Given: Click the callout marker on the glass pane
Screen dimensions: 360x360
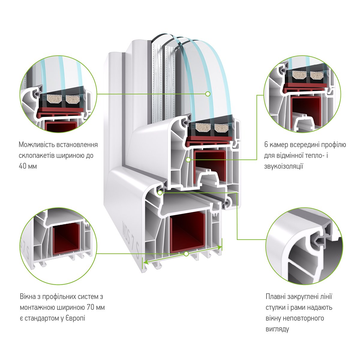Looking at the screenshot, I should (208, 94).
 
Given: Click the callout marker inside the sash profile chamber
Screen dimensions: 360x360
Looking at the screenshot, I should (188, 160).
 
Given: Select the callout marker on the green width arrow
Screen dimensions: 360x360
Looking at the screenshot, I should (186, 254).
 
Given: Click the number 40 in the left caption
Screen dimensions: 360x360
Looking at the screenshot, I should (22, 166).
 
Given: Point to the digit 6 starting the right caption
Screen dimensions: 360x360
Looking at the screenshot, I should (266, 145).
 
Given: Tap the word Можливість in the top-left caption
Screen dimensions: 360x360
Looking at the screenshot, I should (36, 145).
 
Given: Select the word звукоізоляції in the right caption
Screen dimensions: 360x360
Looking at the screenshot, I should (283, 166).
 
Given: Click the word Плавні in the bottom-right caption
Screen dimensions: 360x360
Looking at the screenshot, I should (276, 297).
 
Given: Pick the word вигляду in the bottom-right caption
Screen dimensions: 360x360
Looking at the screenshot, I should (277, 329).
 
